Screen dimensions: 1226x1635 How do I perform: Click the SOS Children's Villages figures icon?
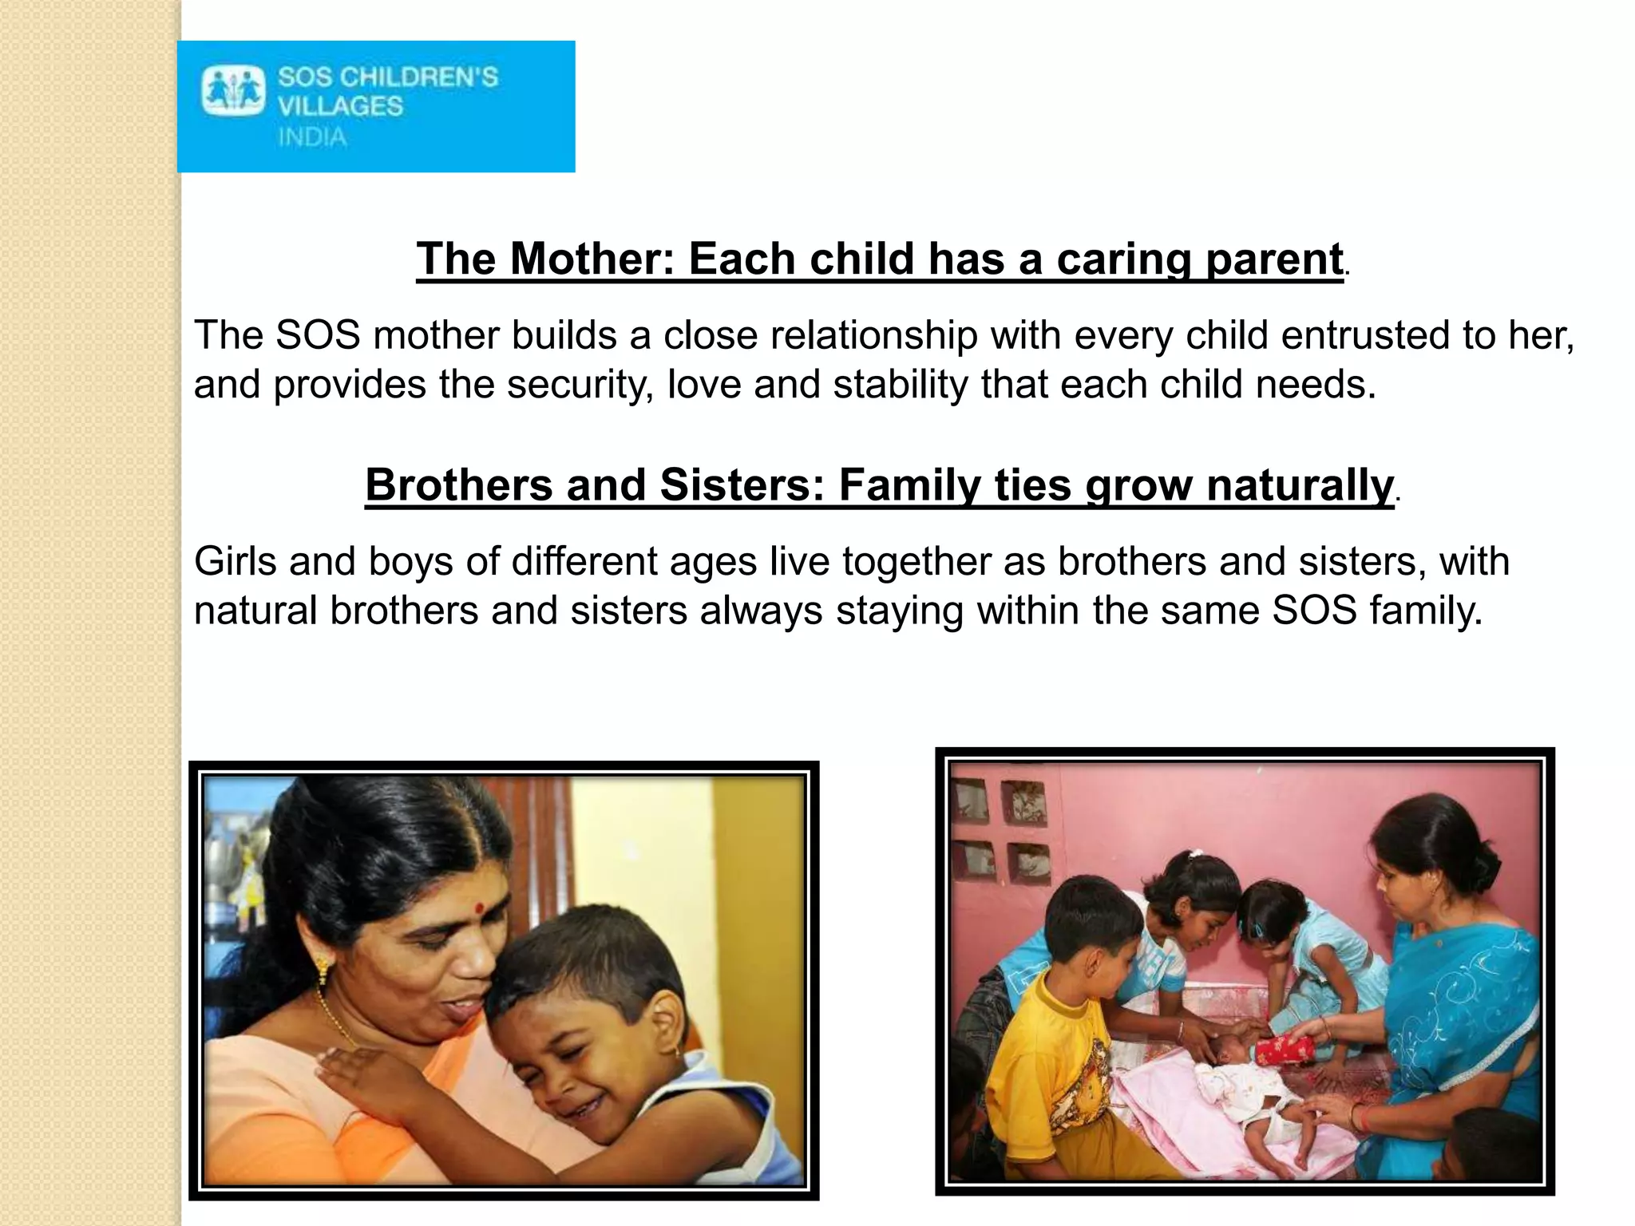233,91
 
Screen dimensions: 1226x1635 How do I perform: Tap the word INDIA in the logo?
312,137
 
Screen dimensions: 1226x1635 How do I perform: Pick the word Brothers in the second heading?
458,484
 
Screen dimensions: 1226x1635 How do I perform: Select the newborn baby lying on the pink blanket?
1245,1094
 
